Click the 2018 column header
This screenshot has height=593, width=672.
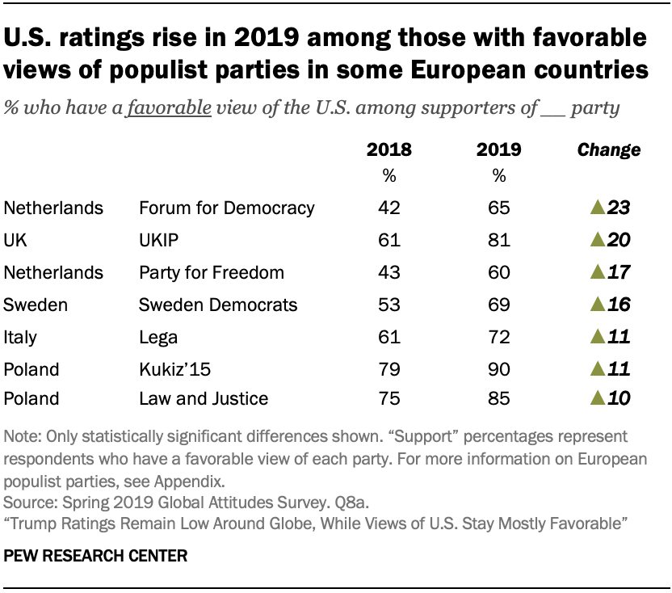coord(388,149)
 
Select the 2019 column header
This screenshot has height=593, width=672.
coord(498,149)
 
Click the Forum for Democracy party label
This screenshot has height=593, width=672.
coord(226,208)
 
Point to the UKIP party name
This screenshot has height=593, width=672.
coord(160,240)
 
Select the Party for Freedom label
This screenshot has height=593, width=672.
coord(212,272)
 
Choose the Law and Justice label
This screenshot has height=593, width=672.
coord(204,398)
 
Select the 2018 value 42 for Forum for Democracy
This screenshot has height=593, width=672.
coord(389,208)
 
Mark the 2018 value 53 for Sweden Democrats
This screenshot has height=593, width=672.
coord(389,305)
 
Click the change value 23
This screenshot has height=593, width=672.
coord(618,208)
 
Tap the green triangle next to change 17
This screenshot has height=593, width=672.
coord(598,272)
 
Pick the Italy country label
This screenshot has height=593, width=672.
coord(21,337)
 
